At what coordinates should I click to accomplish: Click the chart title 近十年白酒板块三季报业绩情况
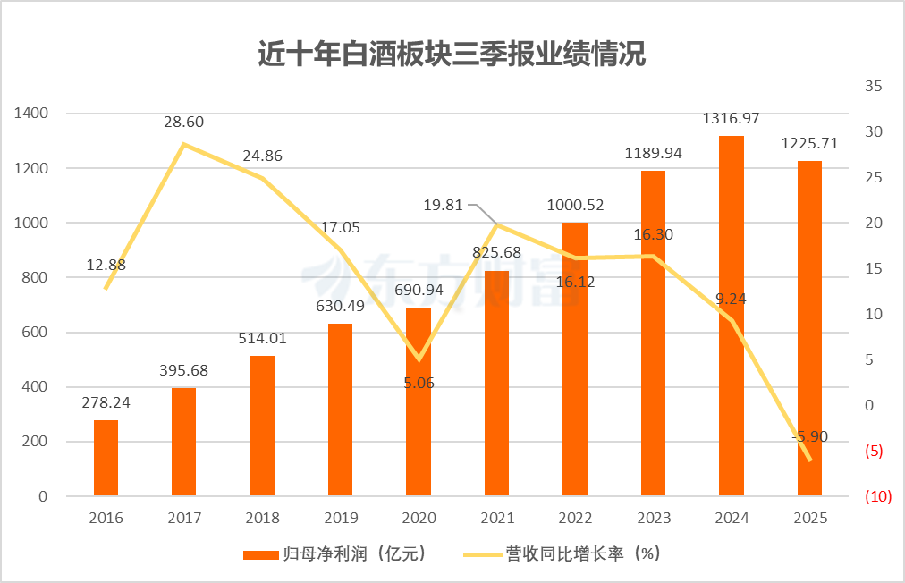tap(452, 55)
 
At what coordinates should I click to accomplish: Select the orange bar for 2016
tap(106, 458)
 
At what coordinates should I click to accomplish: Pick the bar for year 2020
tap(419, 402)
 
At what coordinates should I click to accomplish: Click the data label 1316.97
tap(732, 118)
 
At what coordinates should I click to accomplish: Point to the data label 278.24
tap(106, 402)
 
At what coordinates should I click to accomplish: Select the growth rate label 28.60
tap(184, 122)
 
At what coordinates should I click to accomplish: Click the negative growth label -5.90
tap(810, 436)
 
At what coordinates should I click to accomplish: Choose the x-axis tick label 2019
tap(340, 518)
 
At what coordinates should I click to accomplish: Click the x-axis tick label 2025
tap(810, 518)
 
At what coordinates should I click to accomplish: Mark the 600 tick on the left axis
tap(35, 333)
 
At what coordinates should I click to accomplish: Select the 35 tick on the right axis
tap(873, 87)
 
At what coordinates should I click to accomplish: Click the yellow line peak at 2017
tap(184, 144)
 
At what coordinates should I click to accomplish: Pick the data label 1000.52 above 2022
tap(575, 205)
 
